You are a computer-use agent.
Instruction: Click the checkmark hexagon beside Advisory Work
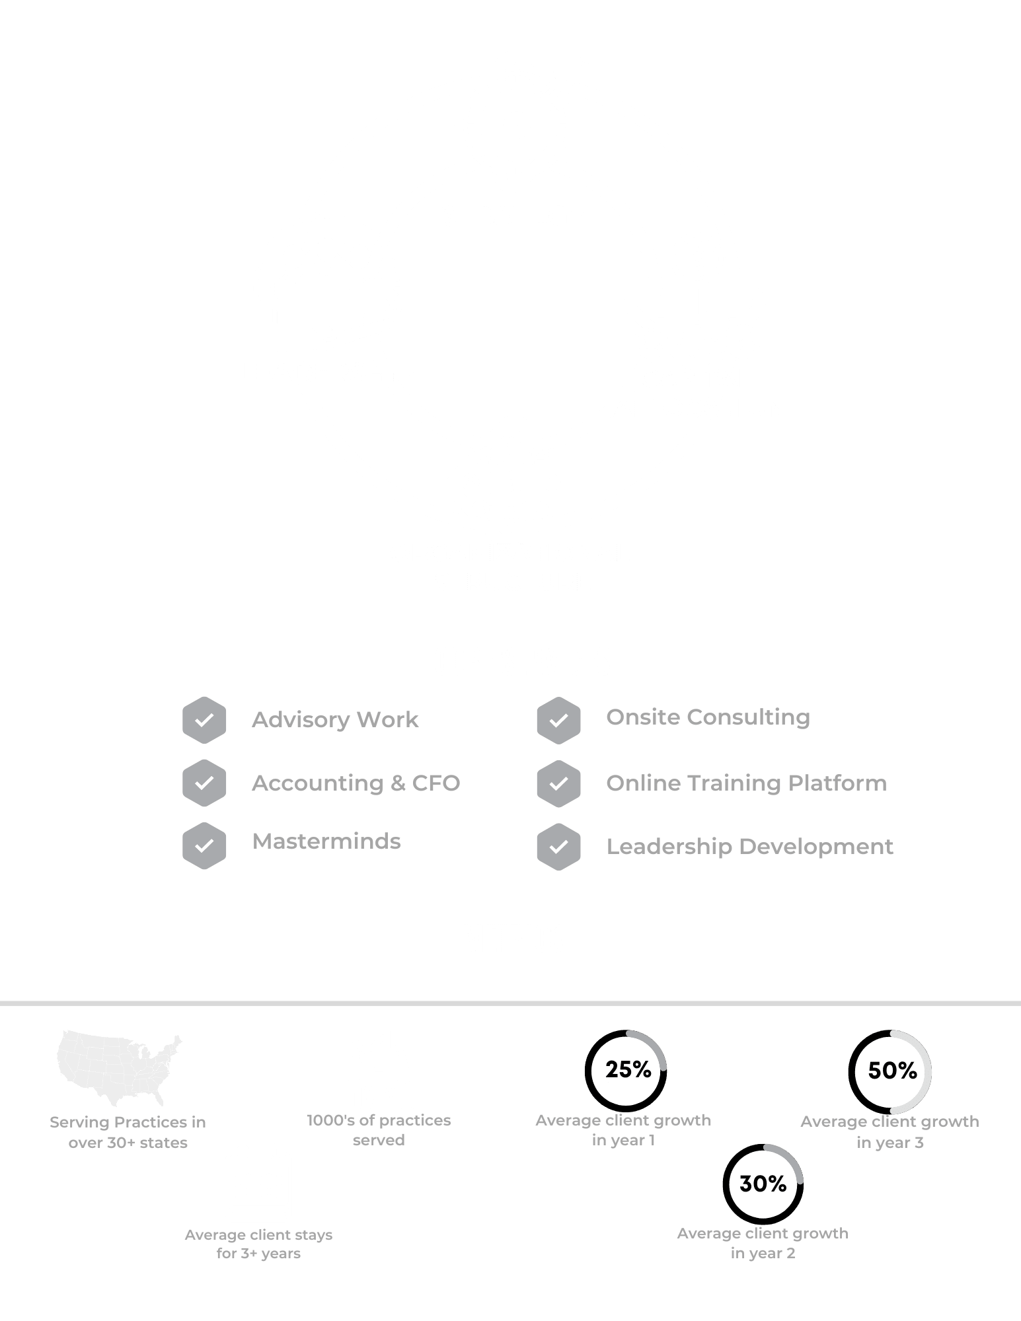pos(204,720)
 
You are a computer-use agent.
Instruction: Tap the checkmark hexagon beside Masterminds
pos(204,845)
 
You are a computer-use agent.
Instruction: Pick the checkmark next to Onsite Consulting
pos(558,720)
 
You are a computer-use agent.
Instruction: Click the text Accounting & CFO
pos(356,783)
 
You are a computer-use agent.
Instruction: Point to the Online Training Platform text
pos(746,783)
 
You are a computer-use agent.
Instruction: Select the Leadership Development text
pos(749,847)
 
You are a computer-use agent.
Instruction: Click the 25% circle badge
pos(626,1071)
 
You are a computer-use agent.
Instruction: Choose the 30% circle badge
pos(763,1184)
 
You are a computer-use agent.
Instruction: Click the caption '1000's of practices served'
pos(379,1130)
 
